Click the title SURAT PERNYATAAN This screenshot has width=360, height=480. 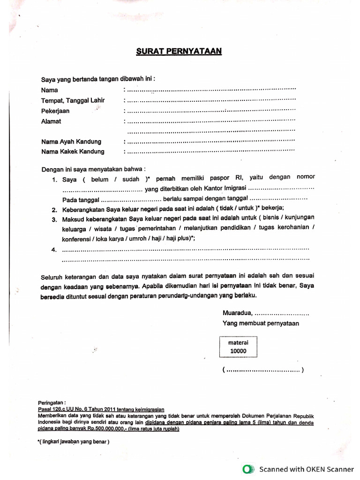tap(179, 51)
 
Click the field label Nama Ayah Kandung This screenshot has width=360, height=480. tap(71, 142)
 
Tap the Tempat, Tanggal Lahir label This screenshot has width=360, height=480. tap(73, 100)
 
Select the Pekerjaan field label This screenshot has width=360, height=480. tap(55, 111)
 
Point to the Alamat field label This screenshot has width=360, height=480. tap(51, 121)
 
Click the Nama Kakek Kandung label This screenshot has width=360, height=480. tap(73, 152)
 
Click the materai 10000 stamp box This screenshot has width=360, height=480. tap(238, 346)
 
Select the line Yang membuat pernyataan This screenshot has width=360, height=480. tap(261, 323)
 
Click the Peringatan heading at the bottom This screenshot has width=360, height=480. tap(52, 403)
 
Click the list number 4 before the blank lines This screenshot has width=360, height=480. tap(54, 249)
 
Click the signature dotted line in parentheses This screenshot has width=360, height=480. tap(263, 370)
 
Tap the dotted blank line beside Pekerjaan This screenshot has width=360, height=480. tap(211, 111)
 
